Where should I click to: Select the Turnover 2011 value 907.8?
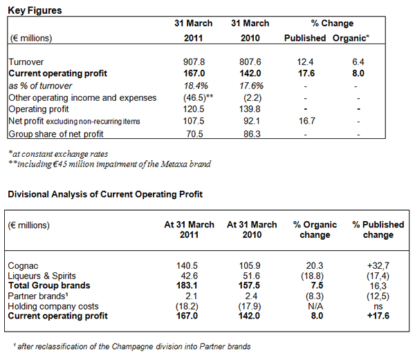[x=193, y=62]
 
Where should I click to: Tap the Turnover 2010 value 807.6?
[x=249, y=62]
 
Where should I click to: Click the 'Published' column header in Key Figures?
[x=305, y=37]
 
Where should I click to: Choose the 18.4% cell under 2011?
[x=193, y=86]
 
